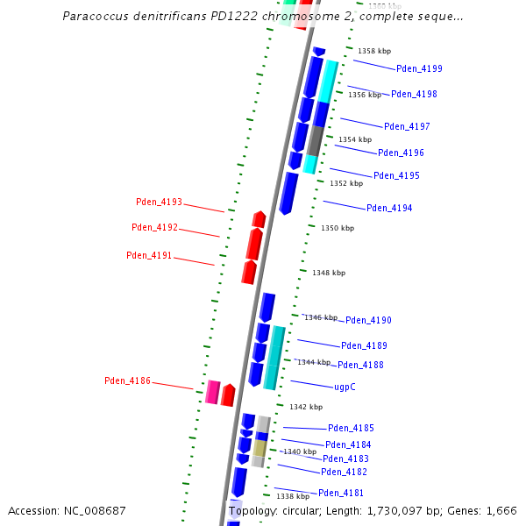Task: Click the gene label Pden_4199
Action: (419, 68)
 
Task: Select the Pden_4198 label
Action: (414, 94)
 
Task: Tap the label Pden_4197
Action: (407, 126)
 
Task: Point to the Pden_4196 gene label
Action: (401, 153)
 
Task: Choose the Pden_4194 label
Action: (389, 208)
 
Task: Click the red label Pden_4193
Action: (159, 202)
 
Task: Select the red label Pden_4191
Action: (149, 256)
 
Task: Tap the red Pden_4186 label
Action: (127, 380)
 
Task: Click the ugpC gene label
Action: (345, 387)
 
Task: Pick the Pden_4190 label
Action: (368, 320)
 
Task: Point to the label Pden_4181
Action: (341, 493)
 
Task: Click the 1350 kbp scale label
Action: (338, 228)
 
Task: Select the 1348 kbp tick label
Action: (329, 273)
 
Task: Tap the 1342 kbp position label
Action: (306, 407)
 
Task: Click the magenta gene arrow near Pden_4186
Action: (212, 392)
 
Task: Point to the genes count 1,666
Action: (501, 510)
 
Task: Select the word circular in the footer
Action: (296, 510)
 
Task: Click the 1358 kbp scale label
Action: (374, 52)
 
